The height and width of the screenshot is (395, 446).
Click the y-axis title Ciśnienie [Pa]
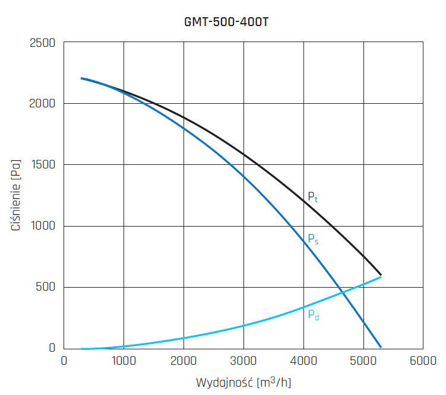[x=17, y=195]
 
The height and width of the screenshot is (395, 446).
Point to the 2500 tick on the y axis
[x=42, y=43]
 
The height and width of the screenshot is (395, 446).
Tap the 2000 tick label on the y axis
[x=42, y=104]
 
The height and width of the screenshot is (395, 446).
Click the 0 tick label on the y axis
[x=51, y=348]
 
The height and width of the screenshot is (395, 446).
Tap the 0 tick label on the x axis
[x=64, y=360]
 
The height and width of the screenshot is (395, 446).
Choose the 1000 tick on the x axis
[x=124, y=360]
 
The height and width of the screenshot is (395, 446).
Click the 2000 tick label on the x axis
[x=184, y=360]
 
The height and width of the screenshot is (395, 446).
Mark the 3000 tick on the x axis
[x=243, y=360]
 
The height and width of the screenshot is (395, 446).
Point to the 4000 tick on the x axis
[x=303, y=360]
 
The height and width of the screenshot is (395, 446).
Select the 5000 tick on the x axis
[x=363, y=360]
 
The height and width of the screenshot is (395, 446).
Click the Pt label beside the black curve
[x=312, y=197]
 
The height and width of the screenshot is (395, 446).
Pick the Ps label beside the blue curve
[x=313, y=239]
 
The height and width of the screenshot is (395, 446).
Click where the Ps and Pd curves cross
[x=342, y=290]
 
